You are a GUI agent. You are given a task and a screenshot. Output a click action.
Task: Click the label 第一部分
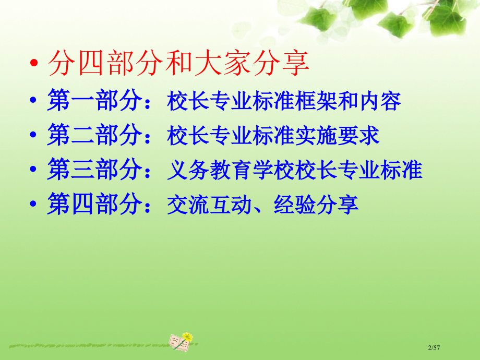[x=94, y=101]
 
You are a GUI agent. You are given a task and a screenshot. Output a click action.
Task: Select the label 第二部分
[x=94, y=136]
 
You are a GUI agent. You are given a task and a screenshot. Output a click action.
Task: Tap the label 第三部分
[x=94, y=170]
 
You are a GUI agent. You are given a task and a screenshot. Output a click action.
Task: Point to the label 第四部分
[x=94, y=205]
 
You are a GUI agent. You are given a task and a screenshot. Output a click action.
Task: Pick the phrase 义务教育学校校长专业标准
[x=295, y=171]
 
